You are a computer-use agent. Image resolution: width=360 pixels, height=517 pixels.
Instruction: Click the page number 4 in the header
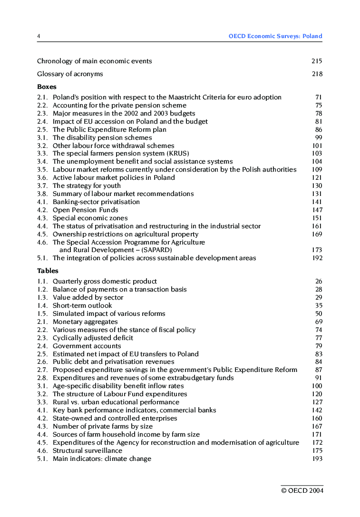pyautogui.click(x=39, y=36)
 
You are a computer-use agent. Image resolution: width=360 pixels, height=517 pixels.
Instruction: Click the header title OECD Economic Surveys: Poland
pyautogui.click(x=275, y=36)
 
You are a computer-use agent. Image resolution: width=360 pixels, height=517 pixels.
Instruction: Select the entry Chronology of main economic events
pyautogui.click(x=94, y=61)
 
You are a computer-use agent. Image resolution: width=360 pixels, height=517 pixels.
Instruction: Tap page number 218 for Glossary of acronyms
pyautogui.click(x=317, y=74)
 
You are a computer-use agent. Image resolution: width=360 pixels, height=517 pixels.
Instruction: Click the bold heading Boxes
pyautogui.click(x=47, y=87)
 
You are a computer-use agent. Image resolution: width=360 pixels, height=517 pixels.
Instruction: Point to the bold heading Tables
pyautogui.click(x=48, y=271)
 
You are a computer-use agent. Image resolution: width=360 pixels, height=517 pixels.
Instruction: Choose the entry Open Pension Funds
pyautogui.click(x=85, y=210)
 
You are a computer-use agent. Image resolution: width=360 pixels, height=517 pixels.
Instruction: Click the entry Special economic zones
pyautogui.click(x=90, y=218)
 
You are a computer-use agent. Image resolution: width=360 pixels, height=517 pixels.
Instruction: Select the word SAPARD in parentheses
pyautogui.click(x=156, y=250)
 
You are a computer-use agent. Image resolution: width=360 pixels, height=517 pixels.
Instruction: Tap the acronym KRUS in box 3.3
pyautogui.click(x=178, y=153)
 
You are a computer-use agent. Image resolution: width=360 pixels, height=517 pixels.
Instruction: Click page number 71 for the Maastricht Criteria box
pyautogui.click(x=318, y=97)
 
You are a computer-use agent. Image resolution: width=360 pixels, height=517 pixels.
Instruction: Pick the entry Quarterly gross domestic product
pyautogui.click(x=105, y=281)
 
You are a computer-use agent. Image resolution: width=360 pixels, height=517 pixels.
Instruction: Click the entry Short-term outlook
pyautogui.click(x=82, y=305)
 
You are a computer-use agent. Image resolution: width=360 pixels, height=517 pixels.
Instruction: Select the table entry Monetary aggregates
pyautogui.click(x=85, y=322)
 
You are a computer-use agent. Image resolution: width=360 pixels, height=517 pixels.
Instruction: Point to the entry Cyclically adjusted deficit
pyautogui.click(x=93, y=338)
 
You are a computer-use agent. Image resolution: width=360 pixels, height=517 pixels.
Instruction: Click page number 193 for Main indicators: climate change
pyautogui.click(x=317, y=458)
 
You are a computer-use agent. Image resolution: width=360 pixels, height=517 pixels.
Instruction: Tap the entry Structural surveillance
pyautogui.click(x=87, y=450)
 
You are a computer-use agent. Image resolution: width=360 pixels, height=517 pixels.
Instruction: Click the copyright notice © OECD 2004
pyautogui.click(x=302, y=491)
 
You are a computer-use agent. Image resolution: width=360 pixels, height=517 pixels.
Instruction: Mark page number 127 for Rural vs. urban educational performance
pyautogui.click(x=317, y=402)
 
